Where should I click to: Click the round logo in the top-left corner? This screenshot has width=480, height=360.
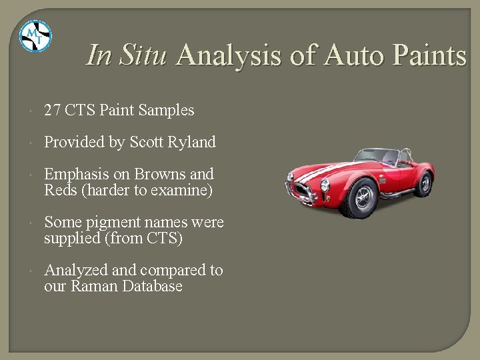coord(35,36)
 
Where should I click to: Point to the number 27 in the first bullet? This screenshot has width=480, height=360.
coord(53,111)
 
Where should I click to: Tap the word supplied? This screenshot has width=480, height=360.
coord(71,238)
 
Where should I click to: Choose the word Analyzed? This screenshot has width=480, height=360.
coord(75,270)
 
